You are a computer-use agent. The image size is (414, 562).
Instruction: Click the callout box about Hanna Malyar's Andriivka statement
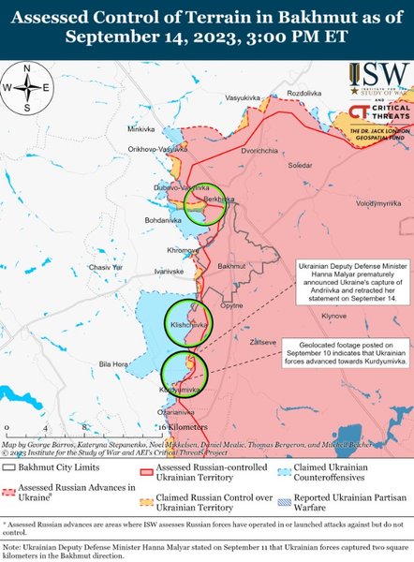click(352, 281)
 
